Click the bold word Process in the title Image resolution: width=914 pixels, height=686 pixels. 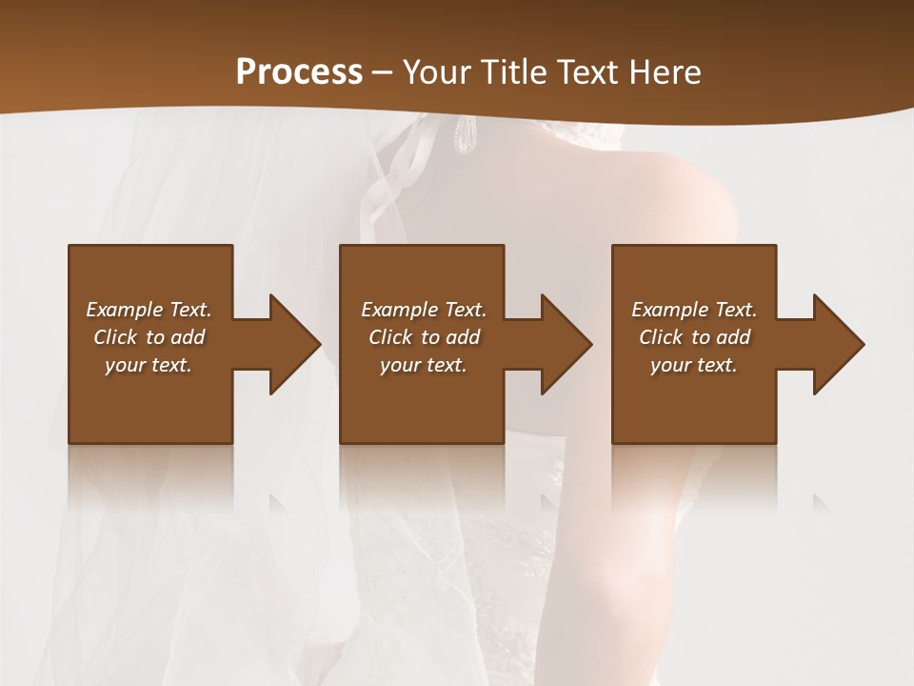(x=299, y=71)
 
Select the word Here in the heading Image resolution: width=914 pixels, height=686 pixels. (x=663, y=71)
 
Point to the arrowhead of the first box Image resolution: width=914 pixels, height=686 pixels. (x=294, y=344)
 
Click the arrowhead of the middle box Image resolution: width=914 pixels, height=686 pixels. (x=566, y=344)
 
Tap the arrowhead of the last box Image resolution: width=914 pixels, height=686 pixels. (x=838, y=344)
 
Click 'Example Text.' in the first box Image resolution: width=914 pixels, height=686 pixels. (x=149, y=310)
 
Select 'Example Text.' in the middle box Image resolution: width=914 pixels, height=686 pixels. (x=424, y=310)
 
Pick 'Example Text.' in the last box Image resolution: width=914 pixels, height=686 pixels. (x=694, y=310)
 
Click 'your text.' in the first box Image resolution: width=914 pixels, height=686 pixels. (x=149, y=365)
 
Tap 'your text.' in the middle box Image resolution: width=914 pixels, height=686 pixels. (x=424, y=365)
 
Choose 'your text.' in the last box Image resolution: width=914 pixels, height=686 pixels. (x=694, y=365)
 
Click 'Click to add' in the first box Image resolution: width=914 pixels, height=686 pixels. (x=149, y=337)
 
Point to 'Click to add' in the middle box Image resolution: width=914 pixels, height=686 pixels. (x=424, y=337)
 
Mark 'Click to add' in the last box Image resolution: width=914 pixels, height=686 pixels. (x=694, y=337)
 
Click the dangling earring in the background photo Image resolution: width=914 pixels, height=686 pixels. (x=464, y=135)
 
